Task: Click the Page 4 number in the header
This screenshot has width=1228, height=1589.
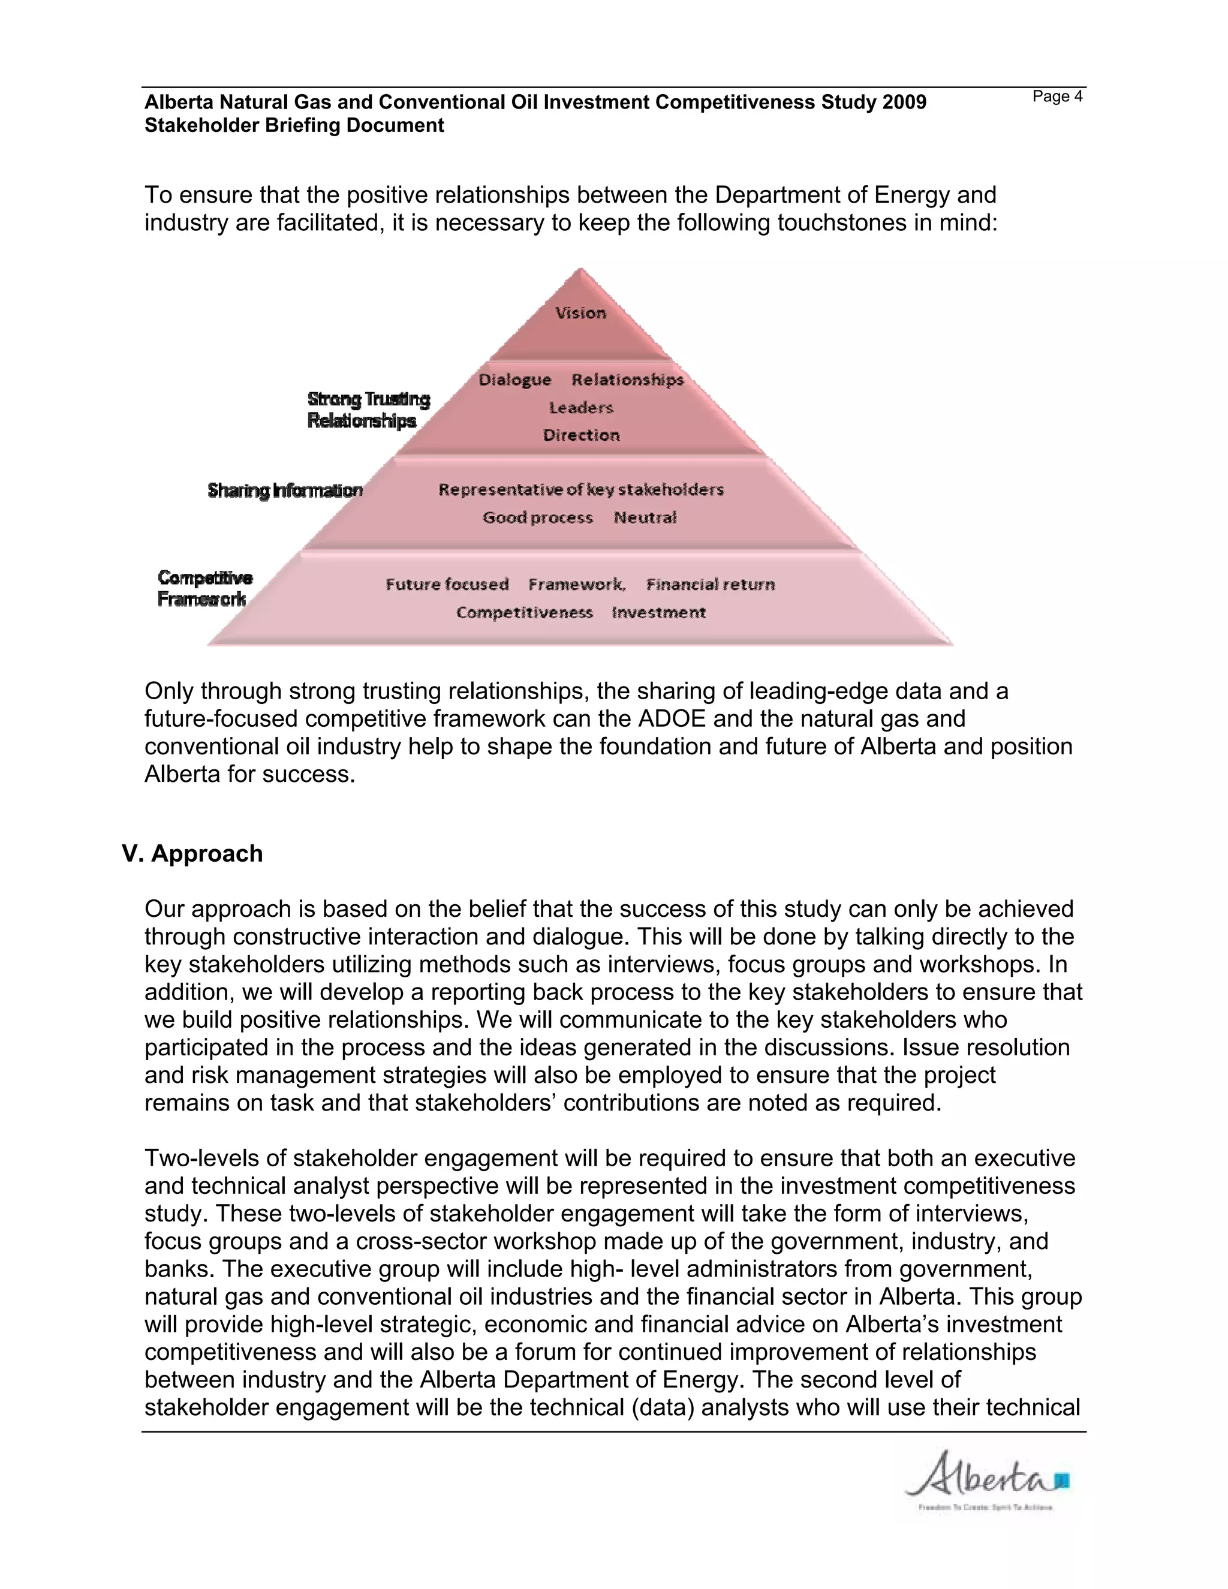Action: pos(1057,97)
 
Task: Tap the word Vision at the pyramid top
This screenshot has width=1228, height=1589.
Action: pos(580,313)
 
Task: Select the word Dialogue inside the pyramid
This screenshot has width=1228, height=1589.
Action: pos(515,380)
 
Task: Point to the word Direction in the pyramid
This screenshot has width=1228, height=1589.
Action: pos(581,436)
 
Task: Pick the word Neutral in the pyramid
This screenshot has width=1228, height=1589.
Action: pos(645,517)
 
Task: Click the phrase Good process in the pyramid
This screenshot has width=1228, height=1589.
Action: pos(538,517)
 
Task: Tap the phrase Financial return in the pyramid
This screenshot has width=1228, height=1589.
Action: pos(710,584)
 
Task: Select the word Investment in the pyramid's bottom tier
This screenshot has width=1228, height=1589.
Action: pos(659,613)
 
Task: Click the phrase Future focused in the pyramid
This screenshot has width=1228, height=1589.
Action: pos(447,584)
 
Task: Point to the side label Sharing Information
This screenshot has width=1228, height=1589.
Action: pos(285,490)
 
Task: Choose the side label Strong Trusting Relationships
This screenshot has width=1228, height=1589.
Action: pos(368,410)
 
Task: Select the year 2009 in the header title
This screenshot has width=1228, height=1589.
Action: pos(904,103)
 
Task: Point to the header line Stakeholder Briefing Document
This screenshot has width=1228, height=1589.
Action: pos(294,126)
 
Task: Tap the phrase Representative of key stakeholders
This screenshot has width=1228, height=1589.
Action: pos(580,490)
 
